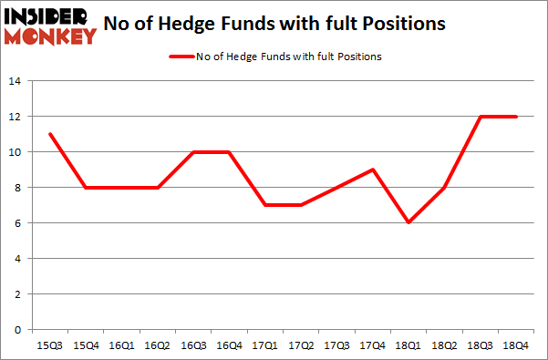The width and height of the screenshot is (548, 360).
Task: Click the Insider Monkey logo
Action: tap(51, 25)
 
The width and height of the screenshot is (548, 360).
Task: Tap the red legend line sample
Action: tap(180, 57)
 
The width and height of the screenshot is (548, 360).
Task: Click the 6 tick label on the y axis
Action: tap(20, 223)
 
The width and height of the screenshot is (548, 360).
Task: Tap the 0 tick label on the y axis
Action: tap(20, 330)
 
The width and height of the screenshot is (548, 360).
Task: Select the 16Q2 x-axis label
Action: tap(156, 345)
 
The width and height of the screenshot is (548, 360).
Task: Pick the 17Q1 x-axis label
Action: tap(263, 345)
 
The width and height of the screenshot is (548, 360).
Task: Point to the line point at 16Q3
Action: tap(191, 152)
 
